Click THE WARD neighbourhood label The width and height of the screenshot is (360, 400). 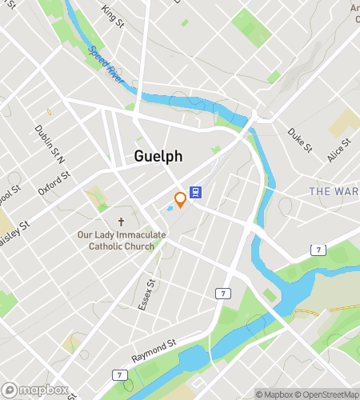click(x=334, y=191)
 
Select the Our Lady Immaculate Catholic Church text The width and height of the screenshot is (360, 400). click(x=122, y=240)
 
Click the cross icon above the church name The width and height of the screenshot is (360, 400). click(x=122, y=222)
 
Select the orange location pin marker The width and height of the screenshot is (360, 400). click(x=181, y=199)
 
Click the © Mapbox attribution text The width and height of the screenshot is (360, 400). click(x=274, y=394)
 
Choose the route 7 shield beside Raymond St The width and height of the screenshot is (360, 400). click(x=120, y=374)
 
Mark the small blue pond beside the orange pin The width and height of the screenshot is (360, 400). click(x=170, y=209)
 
